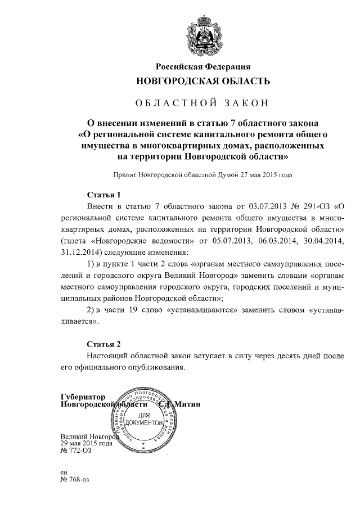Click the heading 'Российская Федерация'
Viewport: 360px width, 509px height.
coord(203,67)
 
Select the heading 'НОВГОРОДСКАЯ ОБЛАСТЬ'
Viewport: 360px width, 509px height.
coord(203,81)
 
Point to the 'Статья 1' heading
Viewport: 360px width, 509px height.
coord(104,195)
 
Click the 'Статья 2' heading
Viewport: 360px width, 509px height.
coord(104,344)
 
